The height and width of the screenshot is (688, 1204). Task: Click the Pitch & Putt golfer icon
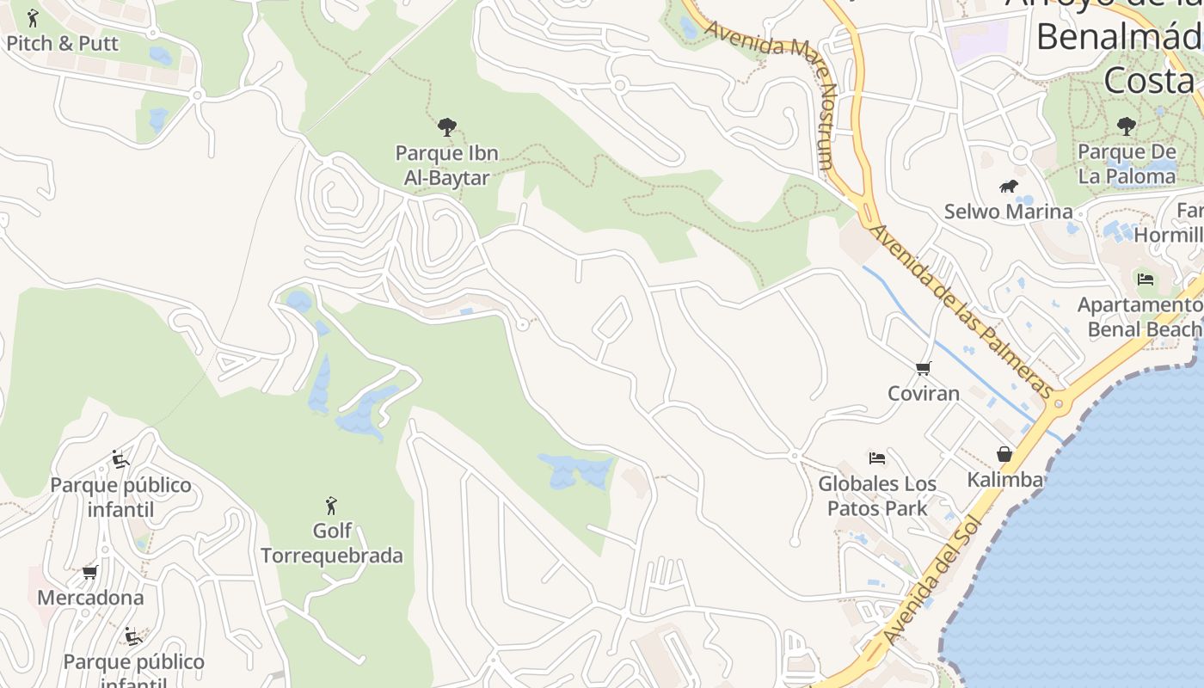[x=33, y=18]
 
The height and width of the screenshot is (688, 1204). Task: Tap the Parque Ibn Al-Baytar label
[x=446, y=166]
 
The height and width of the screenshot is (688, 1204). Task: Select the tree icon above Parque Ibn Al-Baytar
[x=446, y=128]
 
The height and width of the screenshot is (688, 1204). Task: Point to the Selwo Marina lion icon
[x=1008, y=187]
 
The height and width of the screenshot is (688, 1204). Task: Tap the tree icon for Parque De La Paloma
[x=1126, y=127]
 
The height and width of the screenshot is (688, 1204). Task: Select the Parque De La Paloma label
[x=1126, y=164]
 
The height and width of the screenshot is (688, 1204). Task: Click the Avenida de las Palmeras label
[x=961, y=311]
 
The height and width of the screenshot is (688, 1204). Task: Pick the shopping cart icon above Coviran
[x=923, y=369]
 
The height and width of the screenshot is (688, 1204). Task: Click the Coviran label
[x=923, y=394]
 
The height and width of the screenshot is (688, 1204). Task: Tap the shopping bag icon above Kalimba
[x=1004, y=454]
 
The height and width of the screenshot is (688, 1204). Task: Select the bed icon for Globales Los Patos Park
[x=876, y=458]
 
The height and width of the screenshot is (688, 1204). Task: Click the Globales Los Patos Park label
[x=876, y=496]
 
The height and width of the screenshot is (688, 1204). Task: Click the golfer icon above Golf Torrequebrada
[x=331, y=506]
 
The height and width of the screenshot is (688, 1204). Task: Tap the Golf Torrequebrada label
[x=331, y=544]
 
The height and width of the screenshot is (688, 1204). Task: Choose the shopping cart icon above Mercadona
[x=89, y=572]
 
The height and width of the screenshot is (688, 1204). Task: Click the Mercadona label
[x=90, y=597]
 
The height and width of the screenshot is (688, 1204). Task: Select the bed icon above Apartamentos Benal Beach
[x=1145, y=279]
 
